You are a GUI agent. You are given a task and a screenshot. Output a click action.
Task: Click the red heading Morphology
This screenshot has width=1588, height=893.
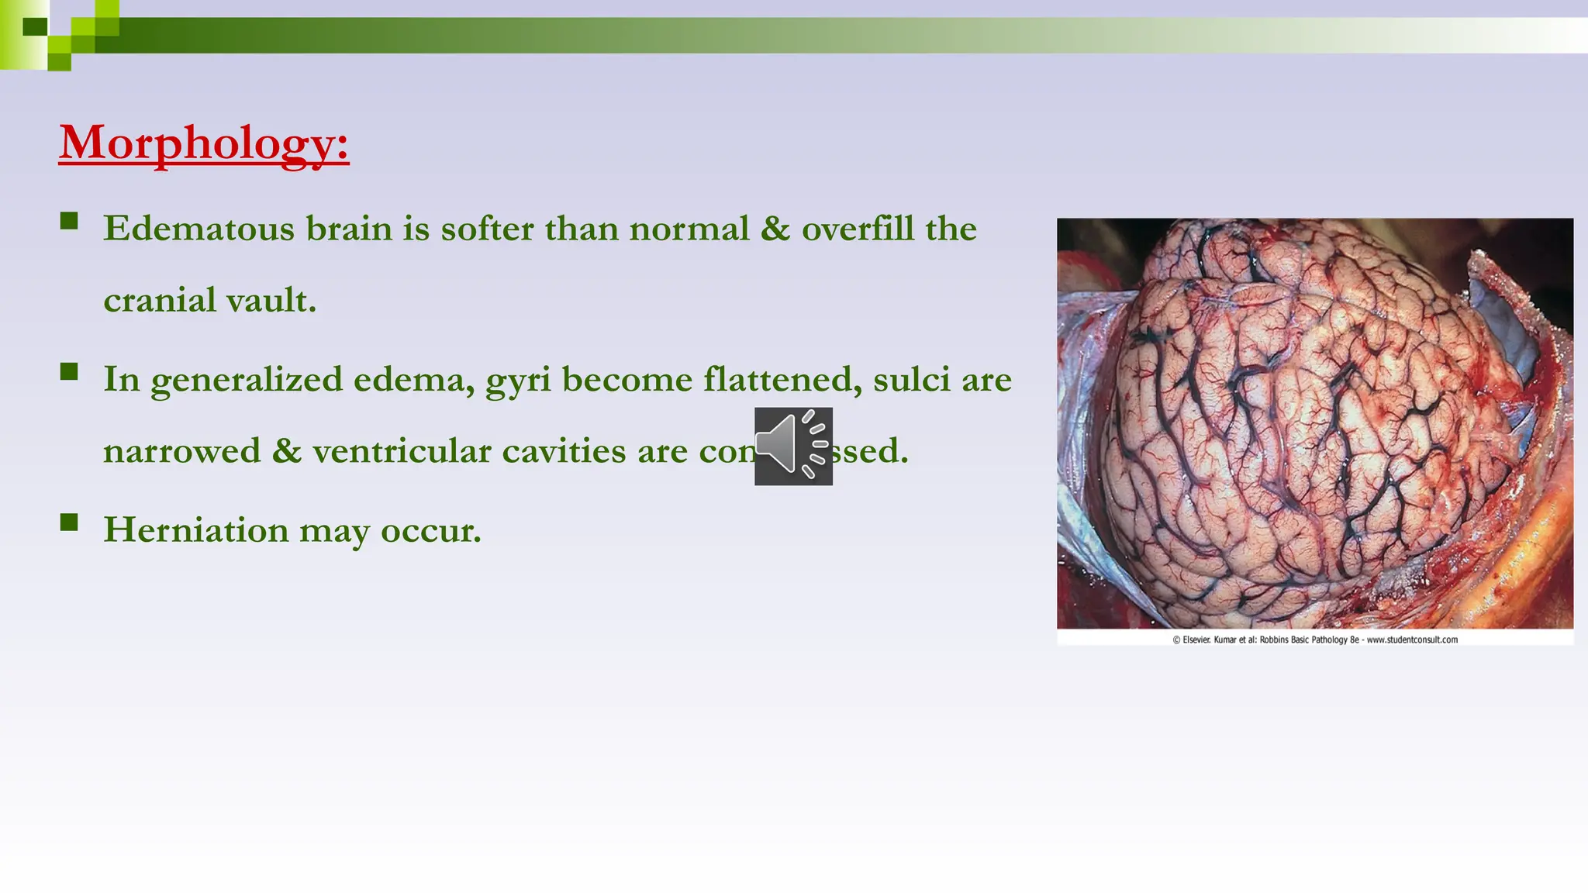204,143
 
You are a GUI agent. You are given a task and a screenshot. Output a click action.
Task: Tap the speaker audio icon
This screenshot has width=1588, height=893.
793,446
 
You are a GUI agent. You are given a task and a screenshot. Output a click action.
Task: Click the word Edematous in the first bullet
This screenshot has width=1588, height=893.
199,229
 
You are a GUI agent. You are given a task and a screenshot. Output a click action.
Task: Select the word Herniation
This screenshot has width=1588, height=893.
196,530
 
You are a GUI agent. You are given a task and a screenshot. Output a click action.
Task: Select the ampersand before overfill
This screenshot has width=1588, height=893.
775,229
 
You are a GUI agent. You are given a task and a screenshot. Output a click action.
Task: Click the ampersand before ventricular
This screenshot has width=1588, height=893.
286,451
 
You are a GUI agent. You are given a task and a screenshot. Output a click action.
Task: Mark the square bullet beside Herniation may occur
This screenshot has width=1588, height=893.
69,522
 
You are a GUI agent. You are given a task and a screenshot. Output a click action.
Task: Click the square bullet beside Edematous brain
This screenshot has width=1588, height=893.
69,221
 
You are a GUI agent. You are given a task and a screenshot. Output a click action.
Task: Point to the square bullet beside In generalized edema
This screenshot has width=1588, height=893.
69,371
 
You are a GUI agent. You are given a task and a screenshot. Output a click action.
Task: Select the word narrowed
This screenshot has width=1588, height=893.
181,451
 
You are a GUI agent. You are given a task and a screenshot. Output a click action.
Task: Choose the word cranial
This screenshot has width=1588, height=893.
160,301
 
